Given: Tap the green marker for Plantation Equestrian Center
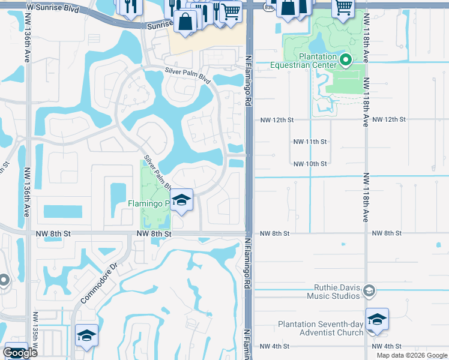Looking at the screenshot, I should tap(346, 59).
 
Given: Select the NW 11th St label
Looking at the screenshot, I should tap(310, 142).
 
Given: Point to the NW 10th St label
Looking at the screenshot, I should tap(310, 164).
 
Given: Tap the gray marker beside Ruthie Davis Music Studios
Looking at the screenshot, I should tap(369, 292).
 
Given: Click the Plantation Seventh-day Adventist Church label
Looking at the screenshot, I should tap(320, 328).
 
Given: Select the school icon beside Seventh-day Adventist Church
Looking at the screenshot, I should tap(377, 319).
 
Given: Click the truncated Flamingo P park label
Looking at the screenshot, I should tap(148, 203).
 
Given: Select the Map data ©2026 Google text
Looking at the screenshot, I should tap(411, 355).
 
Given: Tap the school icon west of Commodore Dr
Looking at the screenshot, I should tap(86, 335).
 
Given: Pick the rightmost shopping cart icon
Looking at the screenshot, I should tap(344, 7).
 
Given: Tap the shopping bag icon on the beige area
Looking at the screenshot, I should tap(186, 22).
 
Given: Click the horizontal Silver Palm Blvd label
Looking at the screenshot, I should tap(188, 76).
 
